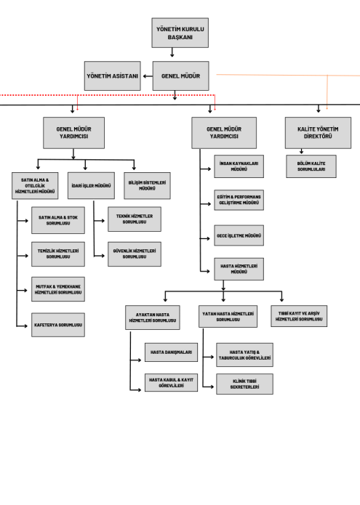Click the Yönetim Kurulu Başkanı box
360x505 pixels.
(x=180, y=33)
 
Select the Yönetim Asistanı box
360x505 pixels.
(x=113, y=76)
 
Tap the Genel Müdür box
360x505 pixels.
(x=181, y=76)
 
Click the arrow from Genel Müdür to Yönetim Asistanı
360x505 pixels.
(x=148, y=76)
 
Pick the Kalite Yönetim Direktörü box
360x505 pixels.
(x=318, y=133)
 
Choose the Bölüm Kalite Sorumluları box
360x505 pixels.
(x=311, y=166)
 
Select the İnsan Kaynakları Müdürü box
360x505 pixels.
(x=239, y=166)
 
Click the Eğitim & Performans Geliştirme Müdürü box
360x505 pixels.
(x=239, y=200)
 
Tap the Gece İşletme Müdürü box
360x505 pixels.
(x=239, y=235)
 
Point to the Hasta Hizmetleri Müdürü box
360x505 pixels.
(x=239, y=269)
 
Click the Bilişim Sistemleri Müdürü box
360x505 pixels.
(x=148, y=185)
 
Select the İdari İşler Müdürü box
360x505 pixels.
(x=91, y=185)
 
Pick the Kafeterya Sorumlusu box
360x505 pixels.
(x=58, y=325)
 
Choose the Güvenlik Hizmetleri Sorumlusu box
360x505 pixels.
(x=135, y=254)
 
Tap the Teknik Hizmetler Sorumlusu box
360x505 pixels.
(x=135, y=219)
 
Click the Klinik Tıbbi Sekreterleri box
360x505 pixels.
(x=244, y=384)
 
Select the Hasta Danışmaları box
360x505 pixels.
(x=171, y=352)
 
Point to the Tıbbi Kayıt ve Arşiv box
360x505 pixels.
(x=299, y=316)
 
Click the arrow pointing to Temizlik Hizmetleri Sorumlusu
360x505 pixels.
(x=23, y=256)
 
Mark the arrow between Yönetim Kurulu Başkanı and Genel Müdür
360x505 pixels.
(x=172, y=52)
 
